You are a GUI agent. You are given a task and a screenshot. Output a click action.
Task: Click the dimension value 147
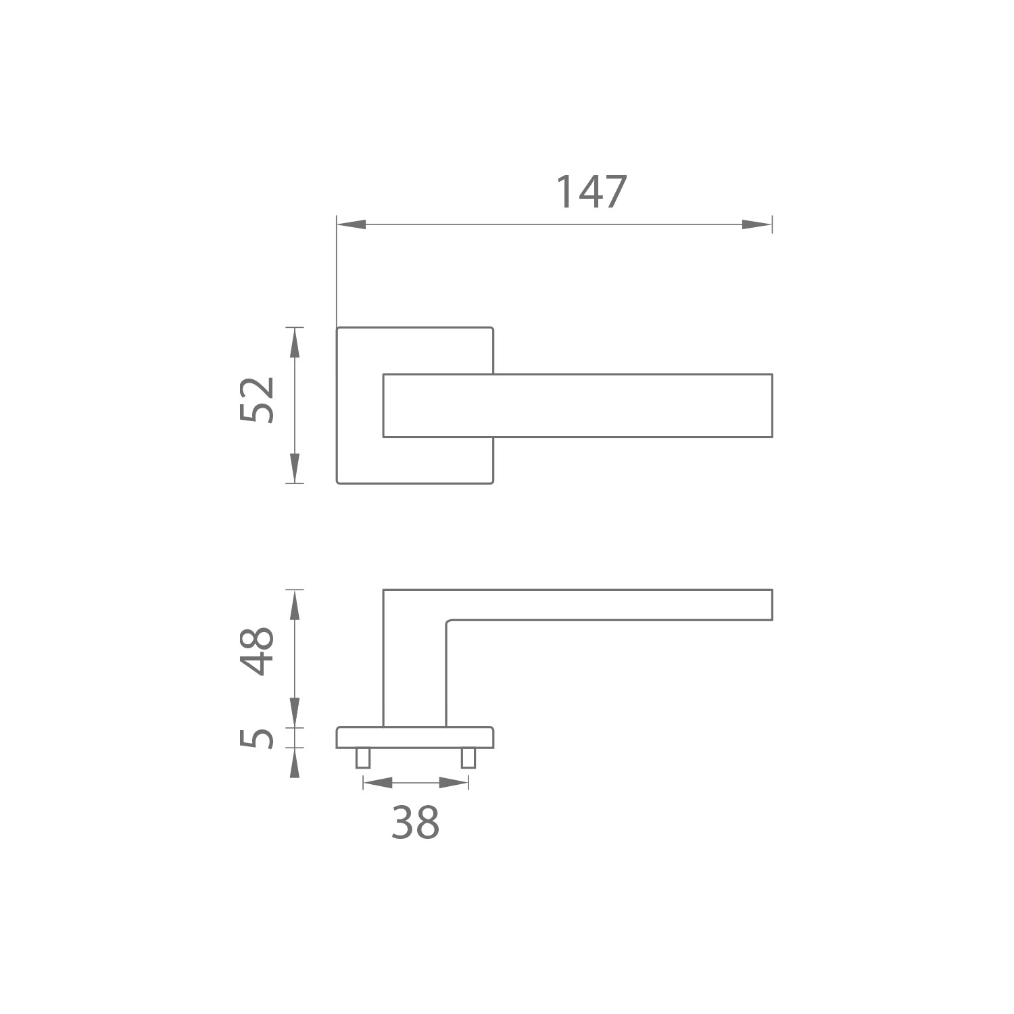[591, 193]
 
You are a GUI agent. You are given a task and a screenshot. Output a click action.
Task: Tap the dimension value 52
[258, 400]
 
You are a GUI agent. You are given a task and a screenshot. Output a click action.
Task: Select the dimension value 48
[258, 651]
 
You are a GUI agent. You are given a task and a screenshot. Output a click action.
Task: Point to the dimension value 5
[258, 738]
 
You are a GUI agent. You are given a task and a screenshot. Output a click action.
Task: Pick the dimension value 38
[416, 823]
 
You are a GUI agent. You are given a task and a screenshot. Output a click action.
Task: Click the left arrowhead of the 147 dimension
[352, 224]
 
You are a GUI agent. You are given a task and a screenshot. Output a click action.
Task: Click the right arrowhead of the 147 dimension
[757, 224]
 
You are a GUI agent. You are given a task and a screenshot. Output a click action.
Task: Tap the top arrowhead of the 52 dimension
[294, 342]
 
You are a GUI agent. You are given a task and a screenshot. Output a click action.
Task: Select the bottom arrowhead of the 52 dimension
[294, 468]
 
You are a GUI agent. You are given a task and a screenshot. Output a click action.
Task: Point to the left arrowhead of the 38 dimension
[378, 783]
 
